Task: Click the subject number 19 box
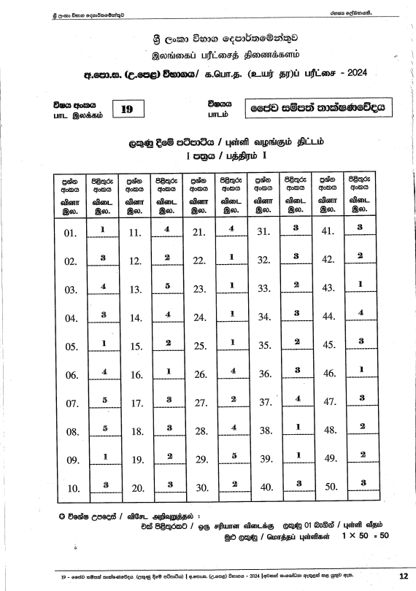tap(127, 109)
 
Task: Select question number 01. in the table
tap(71, 233)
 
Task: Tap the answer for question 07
tap(104, 400)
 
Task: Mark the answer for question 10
tap(104, 484)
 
